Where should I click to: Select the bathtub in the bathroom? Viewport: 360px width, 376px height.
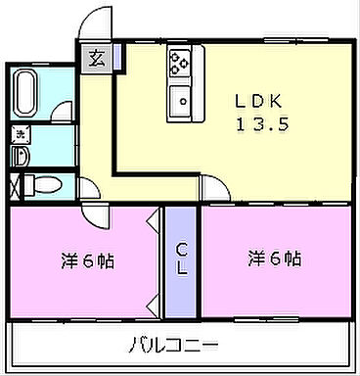click(x=25, y=95)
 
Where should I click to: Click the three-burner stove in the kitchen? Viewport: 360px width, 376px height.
click(x=180, y=63)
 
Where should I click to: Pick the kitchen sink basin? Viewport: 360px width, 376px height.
click(x=180, y=100)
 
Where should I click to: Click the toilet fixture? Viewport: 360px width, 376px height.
click(x=44, y=185)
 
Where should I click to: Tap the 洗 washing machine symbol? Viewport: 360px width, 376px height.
click(x=19, y=133)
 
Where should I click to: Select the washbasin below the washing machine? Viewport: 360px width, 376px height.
click(x=20, y=155)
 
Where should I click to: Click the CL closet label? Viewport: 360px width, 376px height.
click(x=182, y=260)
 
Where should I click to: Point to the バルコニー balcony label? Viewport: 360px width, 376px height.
click(x=173, y=345)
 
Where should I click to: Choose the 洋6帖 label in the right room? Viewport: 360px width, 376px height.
click(x=273, y=259)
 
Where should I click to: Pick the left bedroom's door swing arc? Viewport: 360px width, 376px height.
click(x=96, y=218)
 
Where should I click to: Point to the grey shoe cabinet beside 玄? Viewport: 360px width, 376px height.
click(x=117, y=56)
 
